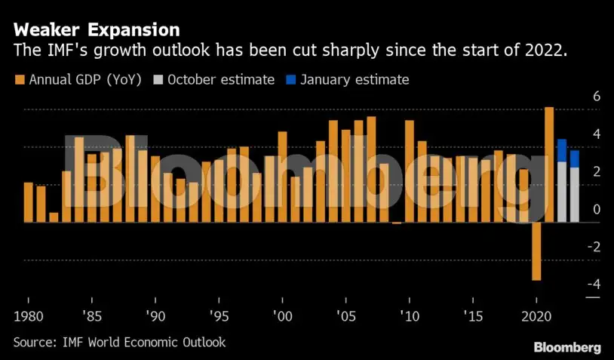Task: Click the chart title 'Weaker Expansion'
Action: click(97, 29)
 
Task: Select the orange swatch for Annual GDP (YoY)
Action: click(20, 80)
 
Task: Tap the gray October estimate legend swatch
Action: click(158, 80)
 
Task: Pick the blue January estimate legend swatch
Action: click(291, 80)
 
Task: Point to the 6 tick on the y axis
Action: click(597, 96)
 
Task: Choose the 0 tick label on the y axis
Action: click(597, 209)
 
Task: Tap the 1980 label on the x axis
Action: click(28, 316)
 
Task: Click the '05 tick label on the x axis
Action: click(346, 316)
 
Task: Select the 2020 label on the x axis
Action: click(536, 316)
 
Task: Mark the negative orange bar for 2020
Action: click(536, 251)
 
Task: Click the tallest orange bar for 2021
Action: click(549, 165)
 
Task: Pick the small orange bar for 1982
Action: click(54, 218)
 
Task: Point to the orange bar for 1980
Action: click(28, 202)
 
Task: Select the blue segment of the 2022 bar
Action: click(562, 150)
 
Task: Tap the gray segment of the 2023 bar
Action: click(575, 195)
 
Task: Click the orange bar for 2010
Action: click(409, 171)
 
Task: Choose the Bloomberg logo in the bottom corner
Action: click(567, 347)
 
